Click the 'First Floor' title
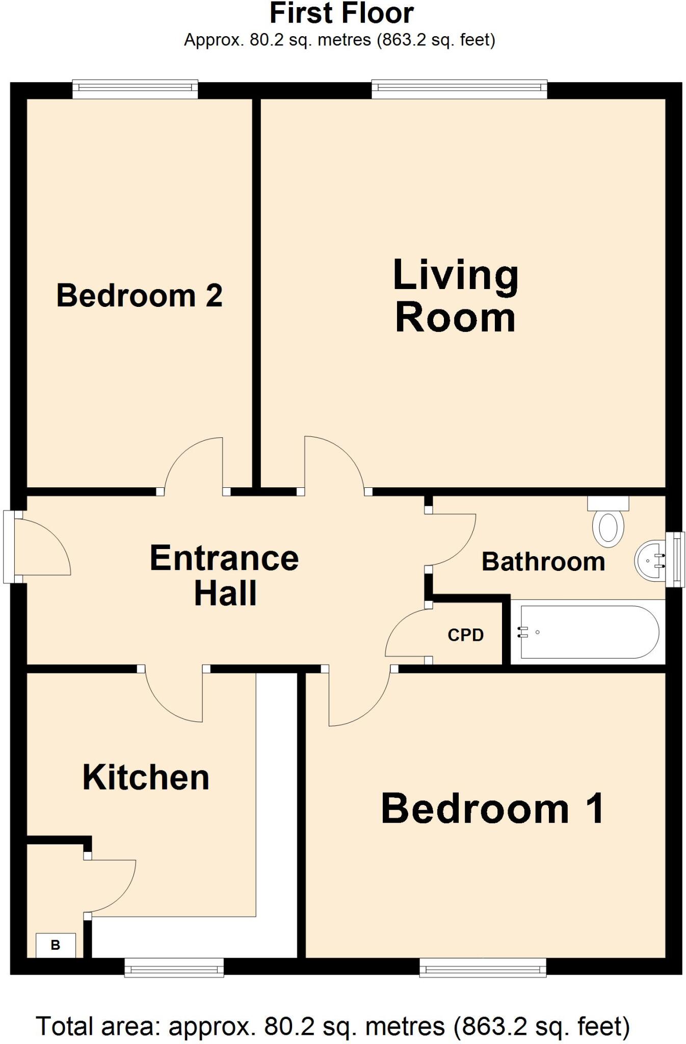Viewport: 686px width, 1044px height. pyautogui.click(x=341, y=14)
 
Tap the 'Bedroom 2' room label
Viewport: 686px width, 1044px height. pyautogui.click(x=139, y=296)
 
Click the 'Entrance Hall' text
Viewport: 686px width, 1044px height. pyautogui.click(x=224, y=576)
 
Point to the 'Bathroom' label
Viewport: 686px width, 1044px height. pyautogui.click(x=543, y=562)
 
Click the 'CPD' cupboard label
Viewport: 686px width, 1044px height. pyautogui.click(x=465, y=635)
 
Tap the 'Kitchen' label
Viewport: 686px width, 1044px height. pyautogui.click(x=146, y=778)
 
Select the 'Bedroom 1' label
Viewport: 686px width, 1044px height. pyautogui.click(x=492, y=809)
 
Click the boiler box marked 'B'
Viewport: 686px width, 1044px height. pyautogui.click(x=56, y=945)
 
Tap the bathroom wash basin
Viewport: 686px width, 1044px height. pyautogui.click(x=650, y=561)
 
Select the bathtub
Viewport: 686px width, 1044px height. pyautogui.click(x=589, y=632)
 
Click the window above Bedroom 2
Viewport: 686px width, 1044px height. pyautogui.click(x=135, y=89)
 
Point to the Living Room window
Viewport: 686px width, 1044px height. pyautogui.click(x=459, y=89)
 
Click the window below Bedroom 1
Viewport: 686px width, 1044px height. pyautogui.click(x=483, y=967)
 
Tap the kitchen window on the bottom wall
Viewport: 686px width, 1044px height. pyautogui.click(x=174, y=967)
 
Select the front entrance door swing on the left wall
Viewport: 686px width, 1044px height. pyautogui.click(x=41, y=548)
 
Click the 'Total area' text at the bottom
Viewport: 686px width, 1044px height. pyautogui.click(x=332, y=1026)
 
